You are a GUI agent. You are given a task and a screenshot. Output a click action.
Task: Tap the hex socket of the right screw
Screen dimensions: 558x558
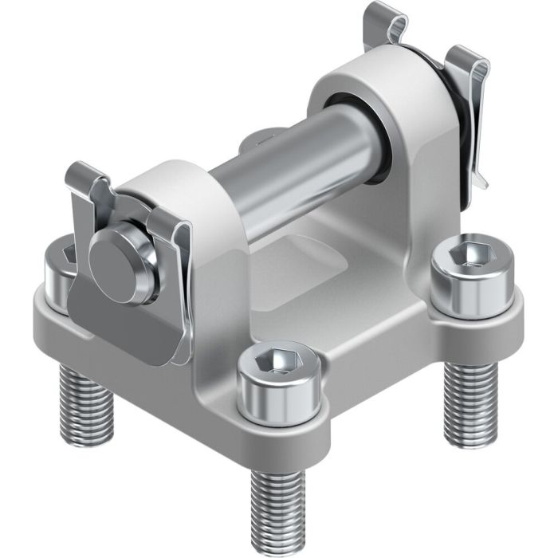(463, 254)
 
